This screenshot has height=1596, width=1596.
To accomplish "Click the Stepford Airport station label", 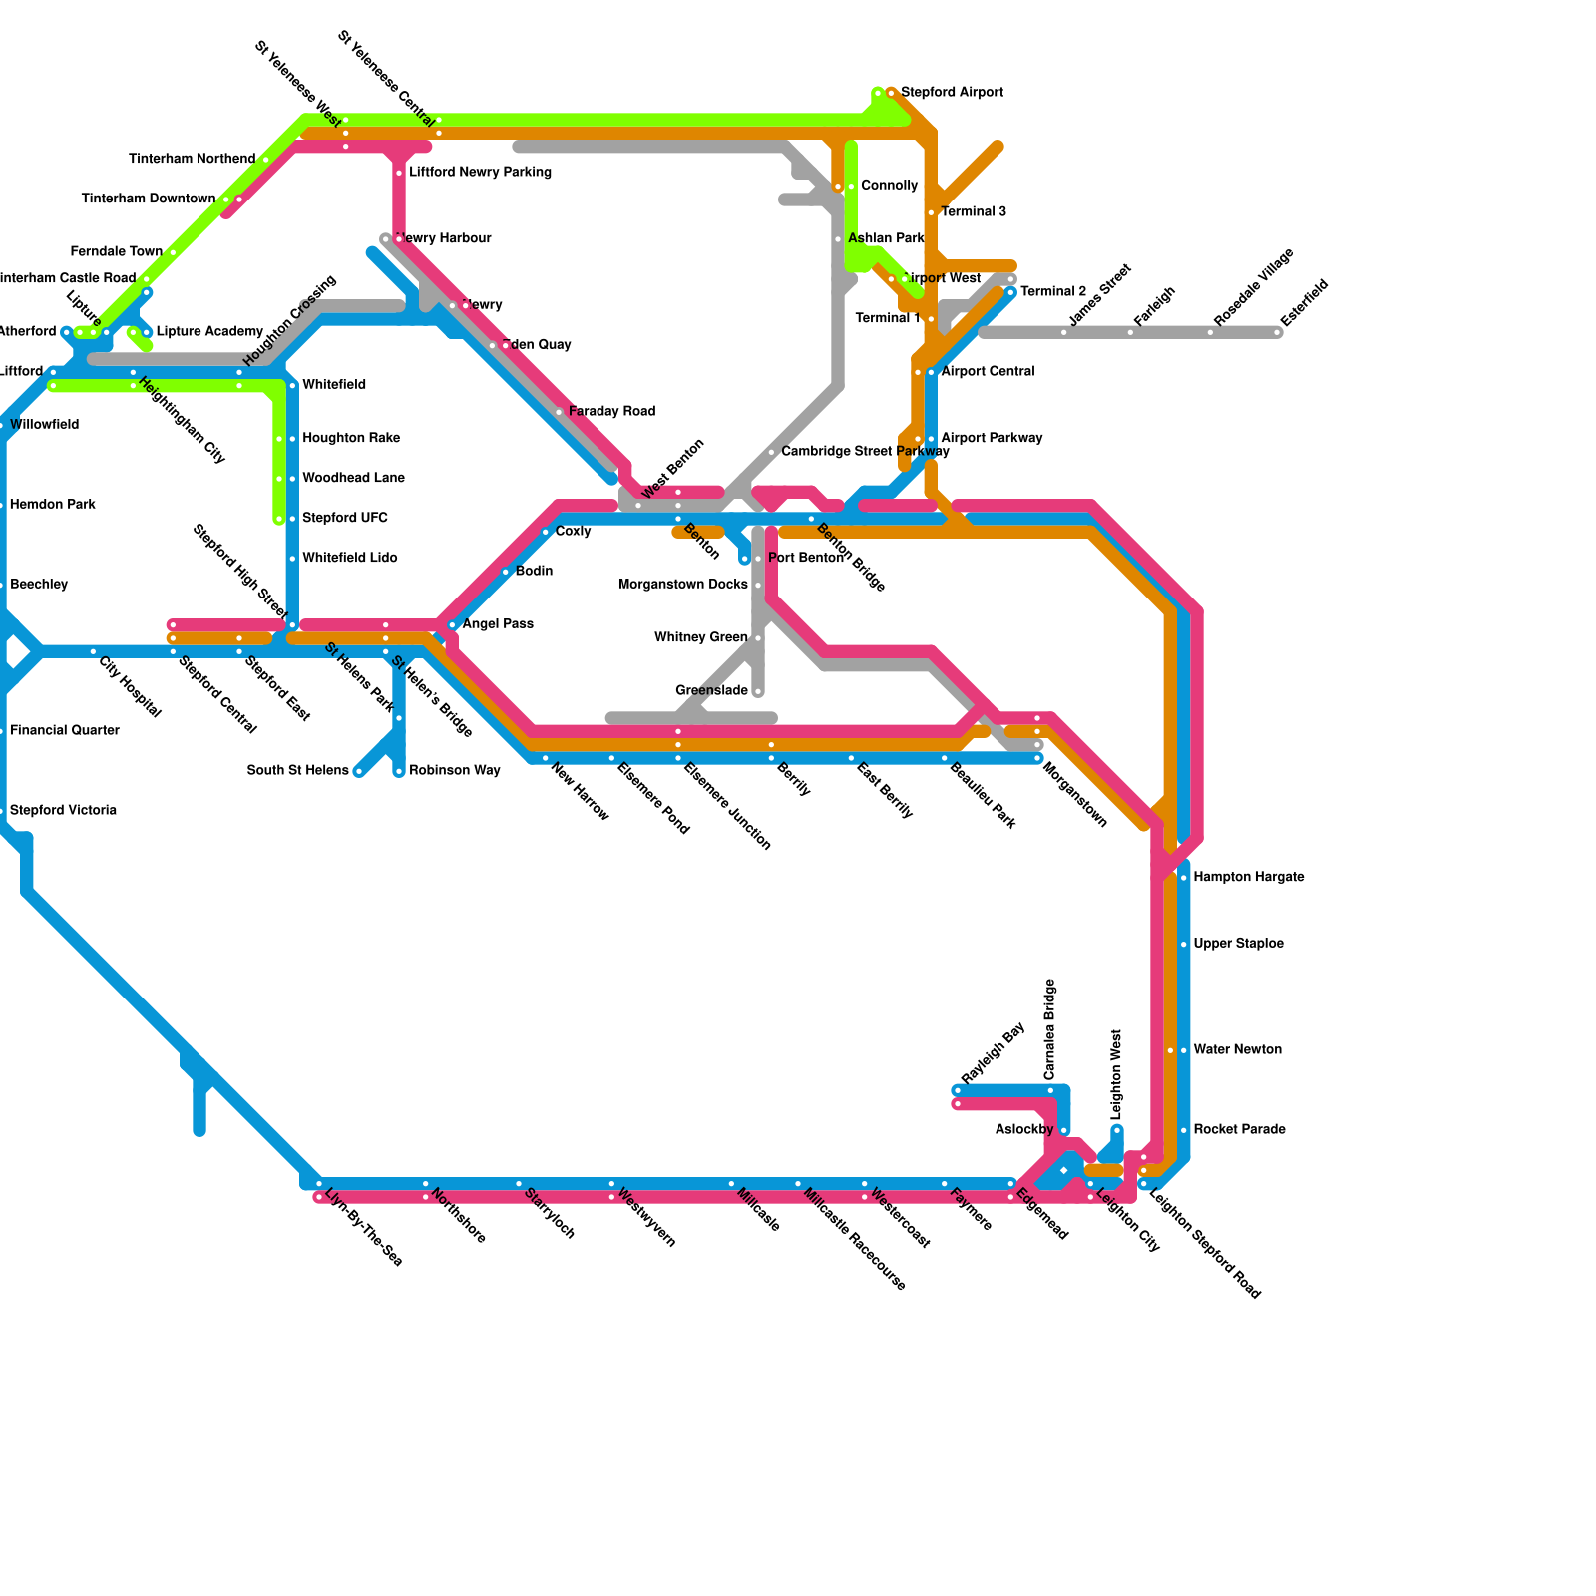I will [952, 93].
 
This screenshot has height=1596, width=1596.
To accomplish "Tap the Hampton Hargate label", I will [1248, 878].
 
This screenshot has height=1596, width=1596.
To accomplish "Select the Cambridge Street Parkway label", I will [865, 452].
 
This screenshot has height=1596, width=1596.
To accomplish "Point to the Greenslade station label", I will [711, 691].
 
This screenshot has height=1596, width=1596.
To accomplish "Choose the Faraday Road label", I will [611, 412].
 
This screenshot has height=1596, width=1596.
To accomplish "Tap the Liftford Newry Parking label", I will [480, 173].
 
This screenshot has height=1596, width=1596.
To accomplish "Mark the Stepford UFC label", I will [345, 519].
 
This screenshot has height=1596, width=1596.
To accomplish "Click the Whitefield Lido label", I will [349, 559].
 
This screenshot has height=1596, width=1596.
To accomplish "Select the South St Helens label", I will [297, 771].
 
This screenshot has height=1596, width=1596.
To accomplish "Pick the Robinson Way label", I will [454, 771].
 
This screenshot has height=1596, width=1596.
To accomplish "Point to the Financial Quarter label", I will [64, 731].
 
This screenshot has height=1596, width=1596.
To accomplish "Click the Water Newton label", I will [1237, 1050].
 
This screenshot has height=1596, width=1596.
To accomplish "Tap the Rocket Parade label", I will [1239, 1130].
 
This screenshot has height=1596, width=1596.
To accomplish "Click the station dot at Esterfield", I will [1278, 332].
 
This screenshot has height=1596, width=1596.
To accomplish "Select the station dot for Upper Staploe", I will [1184, 944].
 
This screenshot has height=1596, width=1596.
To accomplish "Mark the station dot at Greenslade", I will [758, 691].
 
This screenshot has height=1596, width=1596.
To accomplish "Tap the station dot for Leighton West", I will [1117, 1130].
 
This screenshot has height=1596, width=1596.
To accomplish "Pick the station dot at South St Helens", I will [359, 771].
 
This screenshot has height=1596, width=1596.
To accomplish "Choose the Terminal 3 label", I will [973, 212].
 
